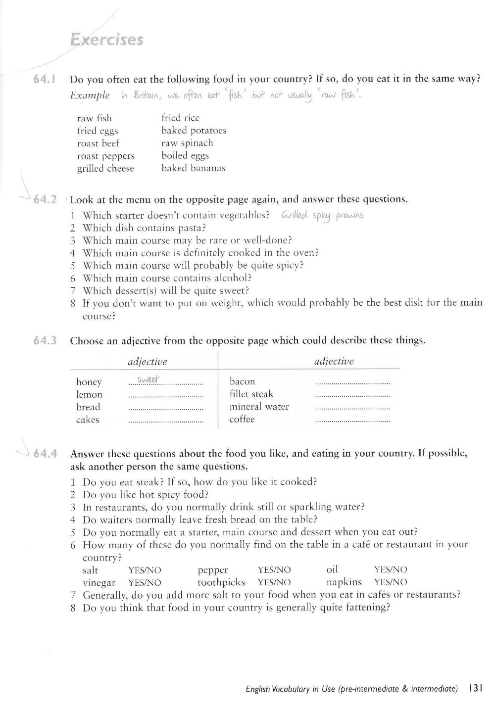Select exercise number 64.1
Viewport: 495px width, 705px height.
[x=45, y=79]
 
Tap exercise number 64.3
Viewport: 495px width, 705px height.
[x=45, y=340]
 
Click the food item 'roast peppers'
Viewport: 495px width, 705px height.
[x=105, y=156]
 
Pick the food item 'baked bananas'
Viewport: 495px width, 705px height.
[x=193, y=168]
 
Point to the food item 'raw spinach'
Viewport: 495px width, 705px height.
[x=187, y=143]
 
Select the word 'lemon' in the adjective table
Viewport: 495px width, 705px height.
[x=89, y=394]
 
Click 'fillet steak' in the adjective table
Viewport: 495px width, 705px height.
[x=251, y=394]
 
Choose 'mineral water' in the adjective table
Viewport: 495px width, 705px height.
[x=259, y=407]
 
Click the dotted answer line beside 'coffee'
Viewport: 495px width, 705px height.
[x=352, y=421]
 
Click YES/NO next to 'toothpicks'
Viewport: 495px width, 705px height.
[x=274, y=582]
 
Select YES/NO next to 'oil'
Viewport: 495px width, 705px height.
[x=391, y=570]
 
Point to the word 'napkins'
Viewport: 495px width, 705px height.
[x=344, y=582]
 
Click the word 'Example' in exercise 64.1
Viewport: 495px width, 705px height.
[x=90, y=95]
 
